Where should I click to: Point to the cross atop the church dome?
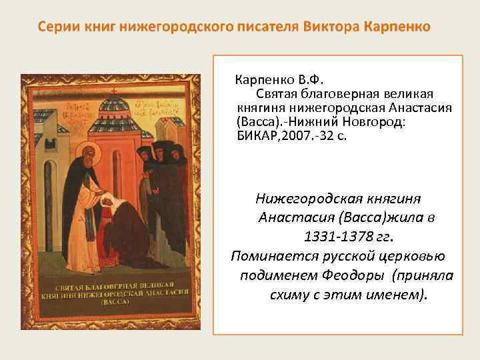115,85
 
